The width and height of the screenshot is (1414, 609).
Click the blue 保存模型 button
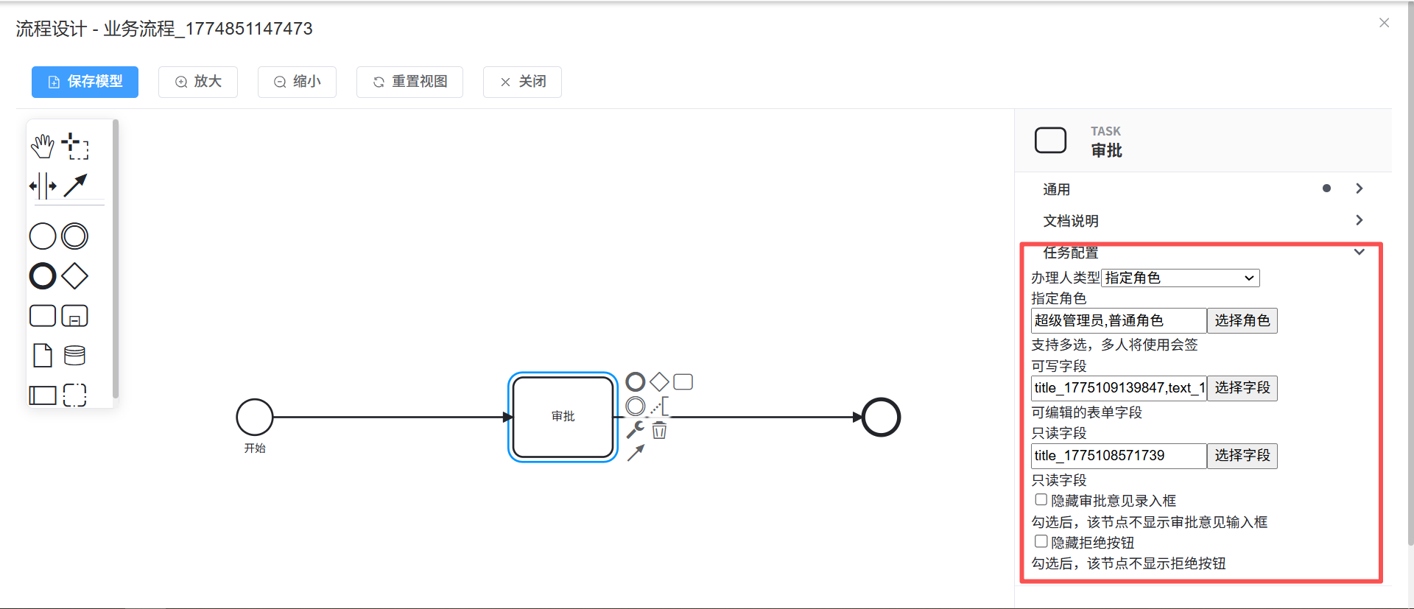coord(85,82)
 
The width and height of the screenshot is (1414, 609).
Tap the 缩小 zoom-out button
coord(297,82)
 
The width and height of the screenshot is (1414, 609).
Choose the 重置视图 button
coord(409,82)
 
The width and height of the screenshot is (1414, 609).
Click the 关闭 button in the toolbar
coord(522,82)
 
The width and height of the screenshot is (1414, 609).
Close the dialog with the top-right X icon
coord(1384,23)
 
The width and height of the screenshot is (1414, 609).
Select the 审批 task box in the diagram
coord(563,417)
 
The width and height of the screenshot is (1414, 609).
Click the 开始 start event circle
coord(255,417)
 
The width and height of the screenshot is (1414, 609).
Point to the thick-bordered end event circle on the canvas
coord(881,417)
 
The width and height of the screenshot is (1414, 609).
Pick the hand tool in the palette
coord(43,146)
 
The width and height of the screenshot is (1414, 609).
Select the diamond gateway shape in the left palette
coord(75,276)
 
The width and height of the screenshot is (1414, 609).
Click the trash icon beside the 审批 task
coord(659,431)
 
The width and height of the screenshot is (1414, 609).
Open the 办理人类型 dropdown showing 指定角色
coord(1180,278)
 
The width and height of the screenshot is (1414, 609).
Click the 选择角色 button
coord(1242,320)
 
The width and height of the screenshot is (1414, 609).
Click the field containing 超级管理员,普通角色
coord(1118,320)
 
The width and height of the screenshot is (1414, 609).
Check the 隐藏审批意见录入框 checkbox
coord(1041,500)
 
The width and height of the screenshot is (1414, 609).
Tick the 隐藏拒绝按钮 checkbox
coord(1041,542)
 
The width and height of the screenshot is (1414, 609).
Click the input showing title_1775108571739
coord(1118,456)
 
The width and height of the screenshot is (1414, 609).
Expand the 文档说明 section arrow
coord(1359,220)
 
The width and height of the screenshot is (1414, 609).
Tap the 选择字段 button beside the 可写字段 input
coord(1242,388)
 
